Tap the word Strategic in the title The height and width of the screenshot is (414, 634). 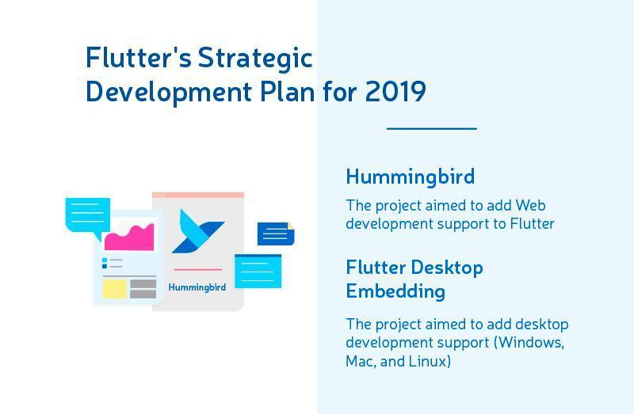tap(255, 59)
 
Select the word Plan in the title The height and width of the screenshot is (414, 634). tap(288, 91)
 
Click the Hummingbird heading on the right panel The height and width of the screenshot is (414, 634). tap(410, 177)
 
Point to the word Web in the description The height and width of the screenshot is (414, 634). tap(530, 205)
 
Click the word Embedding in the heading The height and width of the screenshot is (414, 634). tap(395, 291)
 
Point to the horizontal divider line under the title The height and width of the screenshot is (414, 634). tap(432, 128)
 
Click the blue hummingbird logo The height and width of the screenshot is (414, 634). tap(197, 231)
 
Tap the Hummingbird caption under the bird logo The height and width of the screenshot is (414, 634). tap(197, 287)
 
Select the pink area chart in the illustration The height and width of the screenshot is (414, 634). tap(129, 237)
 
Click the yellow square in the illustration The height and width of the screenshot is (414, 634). tap(114, 289)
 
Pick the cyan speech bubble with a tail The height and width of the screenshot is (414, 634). tap(87, 215)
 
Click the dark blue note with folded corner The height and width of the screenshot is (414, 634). tap(276, 234)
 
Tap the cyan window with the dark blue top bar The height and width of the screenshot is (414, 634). tap(258, 271)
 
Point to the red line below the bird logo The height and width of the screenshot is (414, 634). tap(198, 269)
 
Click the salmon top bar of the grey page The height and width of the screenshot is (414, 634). tap(198, 195)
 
